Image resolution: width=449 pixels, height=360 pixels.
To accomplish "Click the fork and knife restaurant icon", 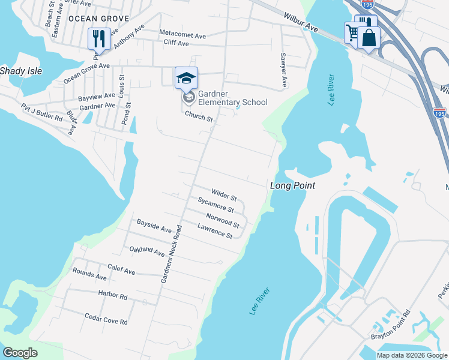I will [97, 38].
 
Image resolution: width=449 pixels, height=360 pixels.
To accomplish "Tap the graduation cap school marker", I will [186, 77].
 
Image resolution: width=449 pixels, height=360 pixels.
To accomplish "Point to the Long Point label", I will [292, 185].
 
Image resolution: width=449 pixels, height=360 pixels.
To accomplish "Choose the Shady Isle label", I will [21, 71].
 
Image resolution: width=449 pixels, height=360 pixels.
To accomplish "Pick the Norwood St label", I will [223, 221].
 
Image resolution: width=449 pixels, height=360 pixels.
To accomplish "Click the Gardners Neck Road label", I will [170, 254].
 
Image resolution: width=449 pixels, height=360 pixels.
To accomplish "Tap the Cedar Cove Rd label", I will [106, 319].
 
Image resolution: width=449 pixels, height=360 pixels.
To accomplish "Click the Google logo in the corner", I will [20, 353].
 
